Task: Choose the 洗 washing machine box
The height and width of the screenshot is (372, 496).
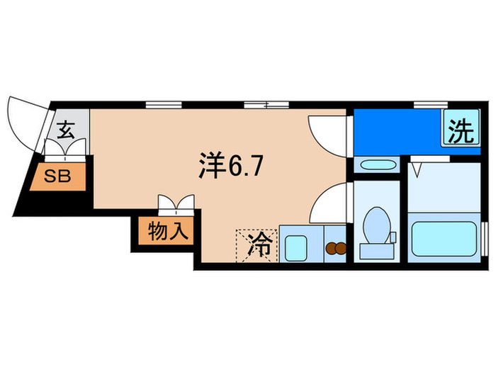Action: pyautogui.click(x=460, y=131)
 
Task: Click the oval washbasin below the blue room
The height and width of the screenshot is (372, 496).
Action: pyautogui.click(x=376, y=166)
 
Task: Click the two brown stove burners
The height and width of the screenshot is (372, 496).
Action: pyautogui.click(x=336, y=249)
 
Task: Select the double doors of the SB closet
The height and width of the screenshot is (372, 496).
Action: pyautogui.click(x=67, y=150)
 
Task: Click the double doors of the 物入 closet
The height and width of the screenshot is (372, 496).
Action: pyautogui.click(x=176, y=204)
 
